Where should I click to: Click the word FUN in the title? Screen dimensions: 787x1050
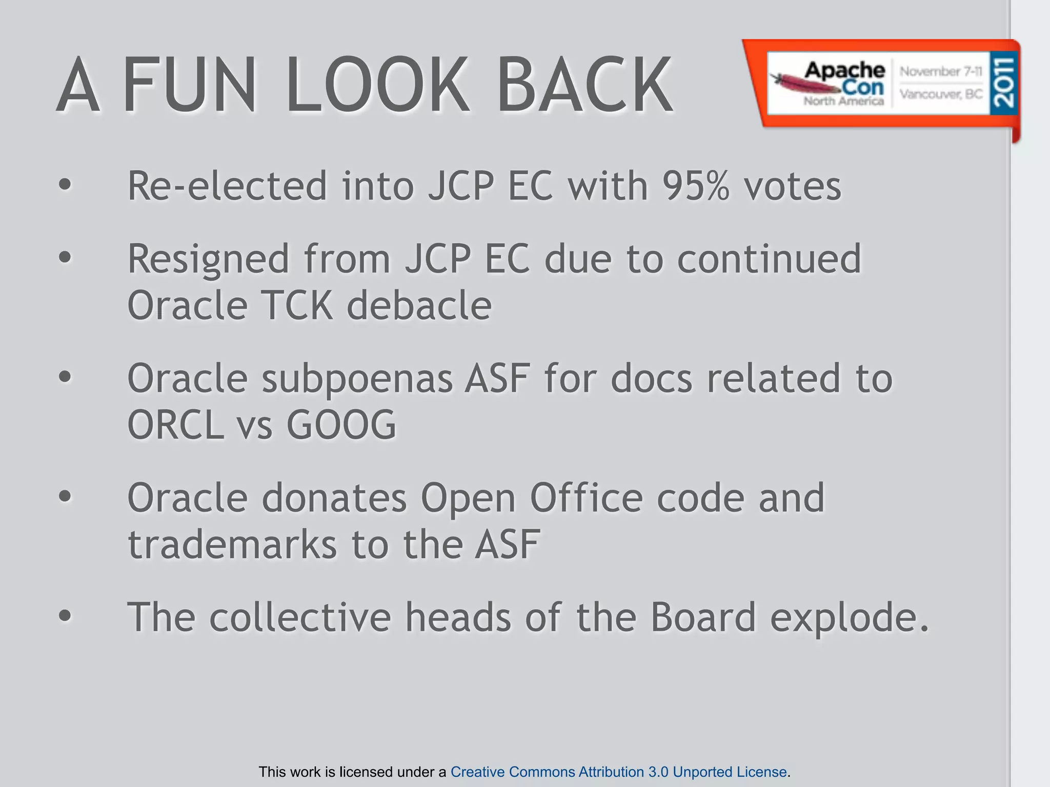pos(190,85)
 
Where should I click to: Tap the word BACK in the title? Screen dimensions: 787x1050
pos(584,85)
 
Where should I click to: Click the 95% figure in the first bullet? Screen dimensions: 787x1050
pos(695,185)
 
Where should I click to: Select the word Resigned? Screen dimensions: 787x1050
pos(208,259)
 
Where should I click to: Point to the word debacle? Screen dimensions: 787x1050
pos(419,306)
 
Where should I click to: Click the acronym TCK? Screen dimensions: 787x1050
pos(297,306)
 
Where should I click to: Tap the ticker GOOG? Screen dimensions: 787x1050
pos(341,425)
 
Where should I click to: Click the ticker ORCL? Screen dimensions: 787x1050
pos(175,425)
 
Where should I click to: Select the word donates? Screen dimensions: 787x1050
pos(334,498)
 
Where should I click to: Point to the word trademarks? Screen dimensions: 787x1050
pos(232,545)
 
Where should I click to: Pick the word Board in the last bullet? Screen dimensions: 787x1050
pos(703,617)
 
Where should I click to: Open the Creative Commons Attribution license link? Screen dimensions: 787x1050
pos(618,772)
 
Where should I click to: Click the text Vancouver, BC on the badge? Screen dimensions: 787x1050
pos(941,94)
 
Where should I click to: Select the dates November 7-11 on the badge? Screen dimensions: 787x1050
pos(941,71)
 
